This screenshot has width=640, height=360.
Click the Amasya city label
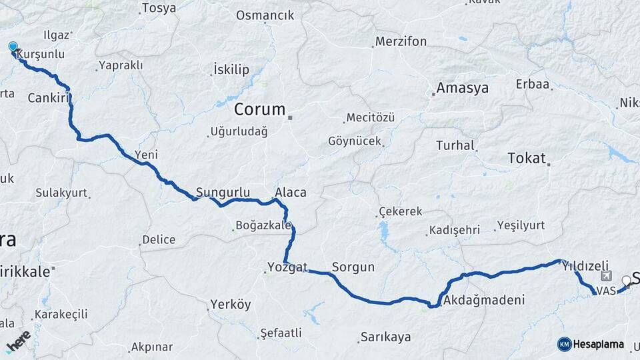pos(462,88)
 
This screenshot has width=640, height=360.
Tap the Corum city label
pos(259,109)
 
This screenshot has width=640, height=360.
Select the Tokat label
pos(526,158)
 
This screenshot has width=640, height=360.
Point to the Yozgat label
pos(287,267)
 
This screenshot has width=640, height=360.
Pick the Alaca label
pos(291,193)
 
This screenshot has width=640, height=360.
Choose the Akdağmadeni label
pos(483,300)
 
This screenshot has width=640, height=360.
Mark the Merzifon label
pos(401,41)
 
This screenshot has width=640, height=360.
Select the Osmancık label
pos(265,15)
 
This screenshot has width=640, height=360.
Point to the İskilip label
pos(231,69)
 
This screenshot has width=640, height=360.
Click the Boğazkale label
pos(263,225)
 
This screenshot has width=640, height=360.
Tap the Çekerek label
pos(400,211)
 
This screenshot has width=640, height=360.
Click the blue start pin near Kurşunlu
pos(13,47)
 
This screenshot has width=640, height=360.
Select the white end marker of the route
pos(626,281)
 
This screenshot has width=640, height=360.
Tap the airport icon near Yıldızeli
pos(605,276)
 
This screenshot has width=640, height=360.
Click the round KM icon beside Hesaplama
pos(564,344)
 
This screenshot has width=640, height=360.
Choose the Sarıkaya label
pos(385,337)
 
